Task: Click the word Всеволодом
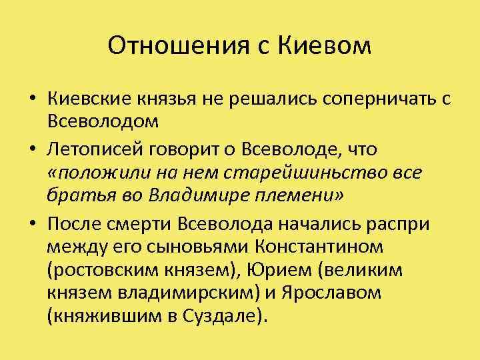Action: pos(103,123)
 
